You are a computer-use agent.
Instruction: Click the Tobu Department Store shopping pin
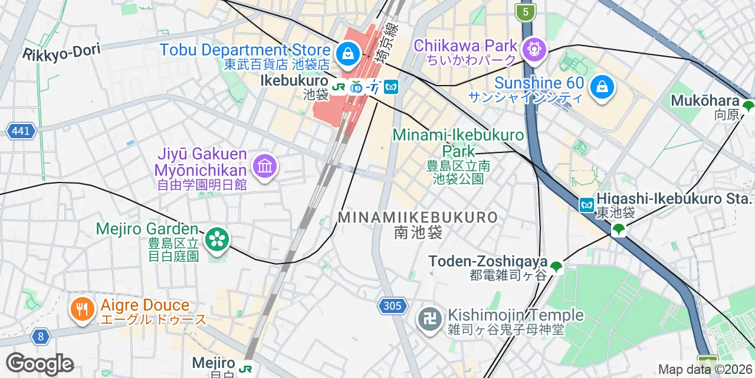pyautogui.click(x=348, y=54)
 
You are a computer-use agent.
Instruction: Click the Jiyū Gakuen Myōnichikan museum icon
pyautogui.click(x=265, y=166)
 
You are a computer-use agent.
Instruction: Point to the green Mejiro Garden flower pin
pyautogui.click(x=217, y=239)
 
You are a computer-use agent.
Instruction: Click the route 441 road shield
pyautogui.click(x=21, y=131)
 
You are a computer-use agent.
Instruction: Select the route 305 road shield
pyautogui.click(x=392, y=305)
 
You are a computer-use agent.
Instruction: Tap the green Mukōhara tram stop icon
pyautogui.click(x=748, y=107)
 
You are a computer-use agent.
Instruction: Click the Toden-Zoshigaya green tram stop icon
pyautogui.click(x=556, y=267)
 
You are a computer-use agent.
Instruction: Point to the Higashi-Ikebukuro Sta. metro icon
pyautogui.click(x=586, y=205)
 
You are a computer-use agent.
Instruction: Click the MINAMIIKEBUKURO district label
pyautogui.click(x=418, y=217)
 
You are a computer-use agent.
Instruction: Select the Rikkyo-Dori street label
pyautogui.click(x=61, y=52)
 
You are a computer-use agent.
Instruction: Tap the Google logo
pyautogui.click(x=40, y=364)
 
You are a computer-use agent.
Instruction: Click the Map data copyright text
pyautogui.click(x=705, y=370)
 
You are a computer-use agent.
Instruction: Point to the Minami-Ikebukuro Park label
pyautogui.click(x=458, y=142)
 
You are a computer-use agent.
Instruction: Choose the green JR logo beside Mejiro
pyautogui.click(x=246, y=369)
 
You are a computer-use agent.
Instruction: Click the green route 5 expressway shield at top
pyautogui.click(x=524, y=11)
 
